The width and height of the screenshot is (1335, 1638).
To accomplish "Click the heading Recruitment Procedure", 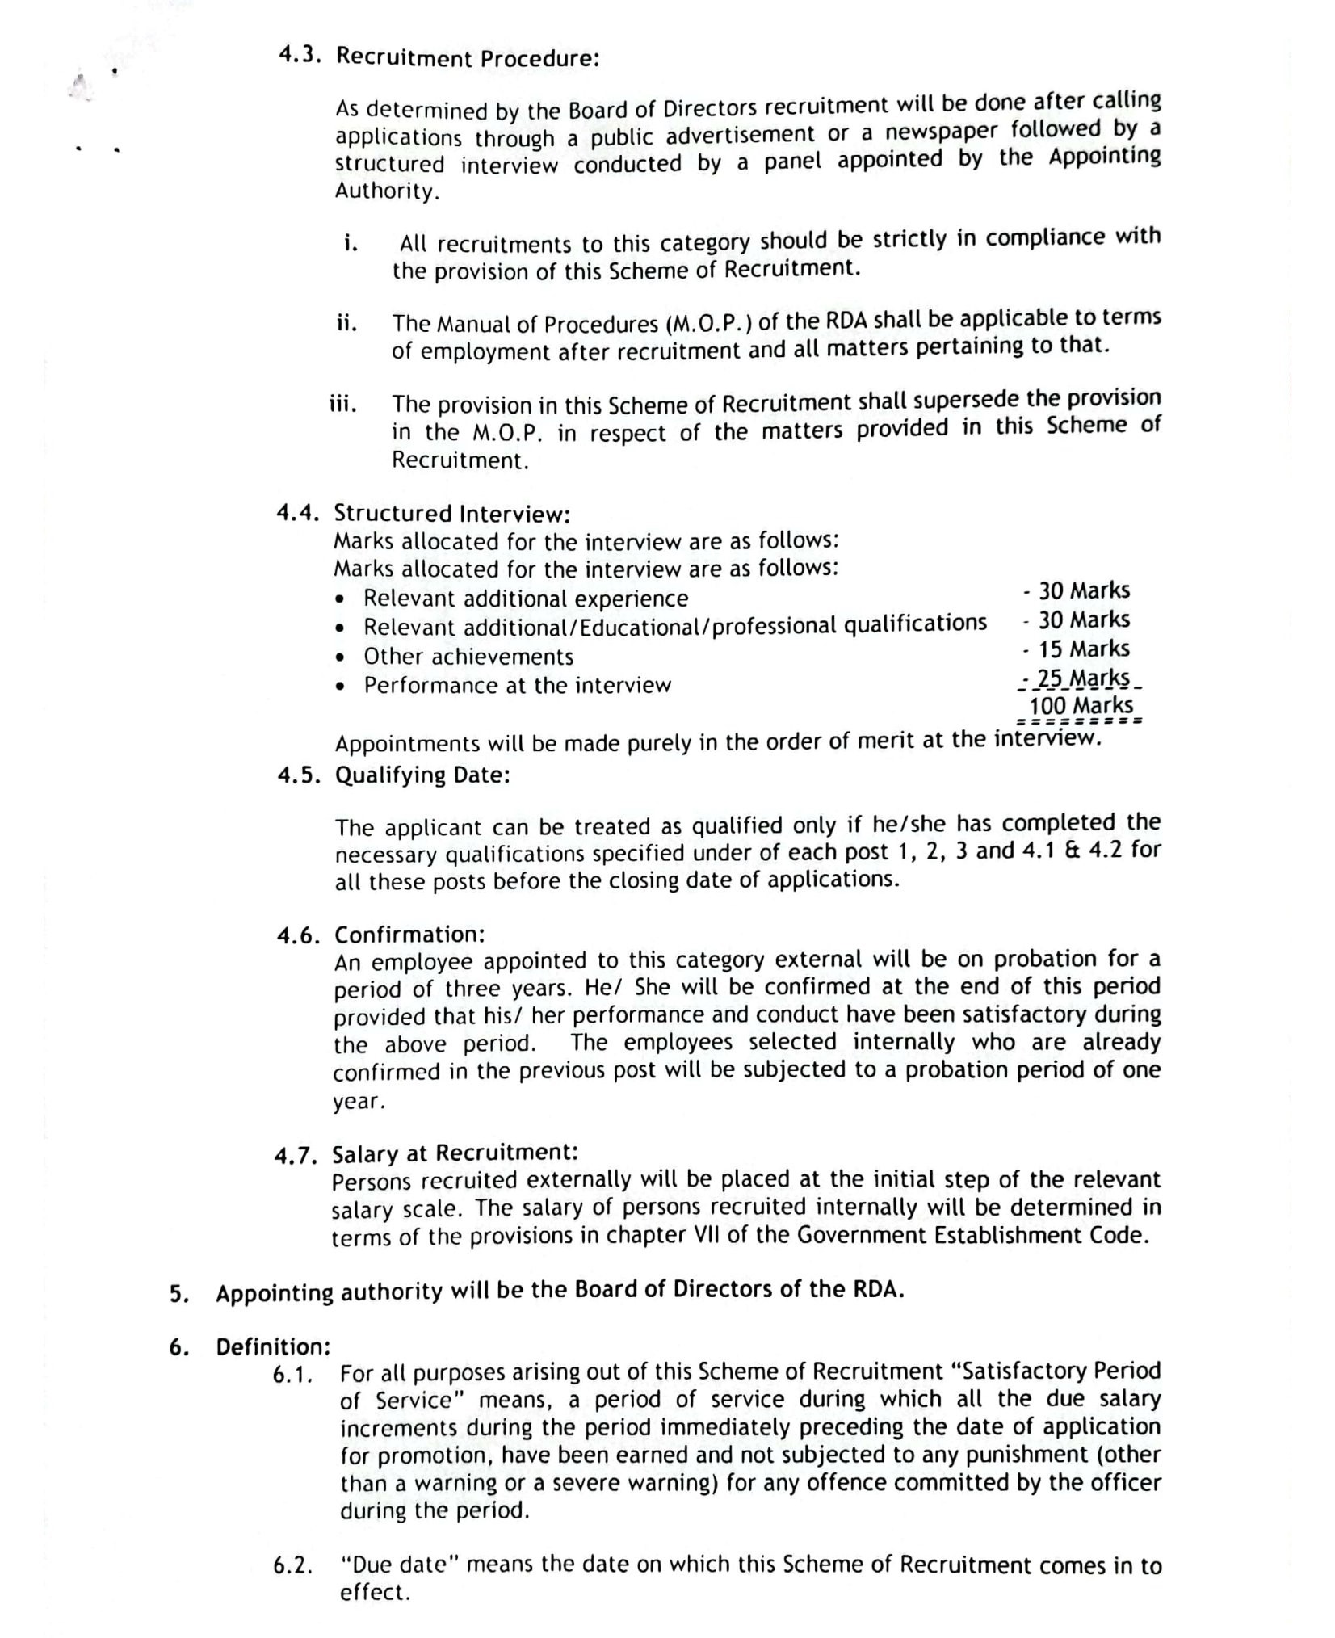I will (x=468, y=58).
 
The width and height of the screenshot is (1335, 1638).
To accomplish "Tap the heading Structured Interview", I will (x=452, y=513).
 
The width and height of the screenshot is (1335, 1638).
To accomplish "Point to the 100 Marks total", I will (x=1080, y=705).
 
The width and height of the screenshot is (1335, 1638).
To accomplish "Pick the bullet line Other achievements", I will (x=468, y=657).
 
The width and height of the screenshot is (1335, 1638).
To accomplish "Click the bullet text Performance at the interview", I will (x=517, y=686).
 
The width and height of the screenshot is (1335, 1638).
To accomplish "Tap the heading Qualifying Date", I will (x=422, y=775).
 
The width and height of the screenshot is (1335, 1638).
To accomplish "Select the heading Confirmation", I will (x=409, y=934).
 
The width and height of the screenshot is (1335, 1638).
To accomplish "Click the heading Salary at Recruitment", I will (x=455, y=1153).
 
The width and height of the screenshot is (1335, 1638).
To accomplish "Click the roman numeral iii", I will (x=342, y=404).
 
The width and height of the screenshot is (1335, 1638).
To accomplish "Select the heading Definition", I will (x=273, y=1347).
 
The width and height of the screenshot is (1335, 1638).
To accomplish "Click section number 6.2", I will (x=292, y=1566).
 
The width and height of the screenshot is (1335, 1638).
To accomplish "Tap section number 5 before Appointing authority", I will (x=178, y=1294).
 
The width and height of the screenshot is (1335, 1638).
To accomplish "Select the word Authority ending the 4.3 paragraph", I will (x=387, y=191).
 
